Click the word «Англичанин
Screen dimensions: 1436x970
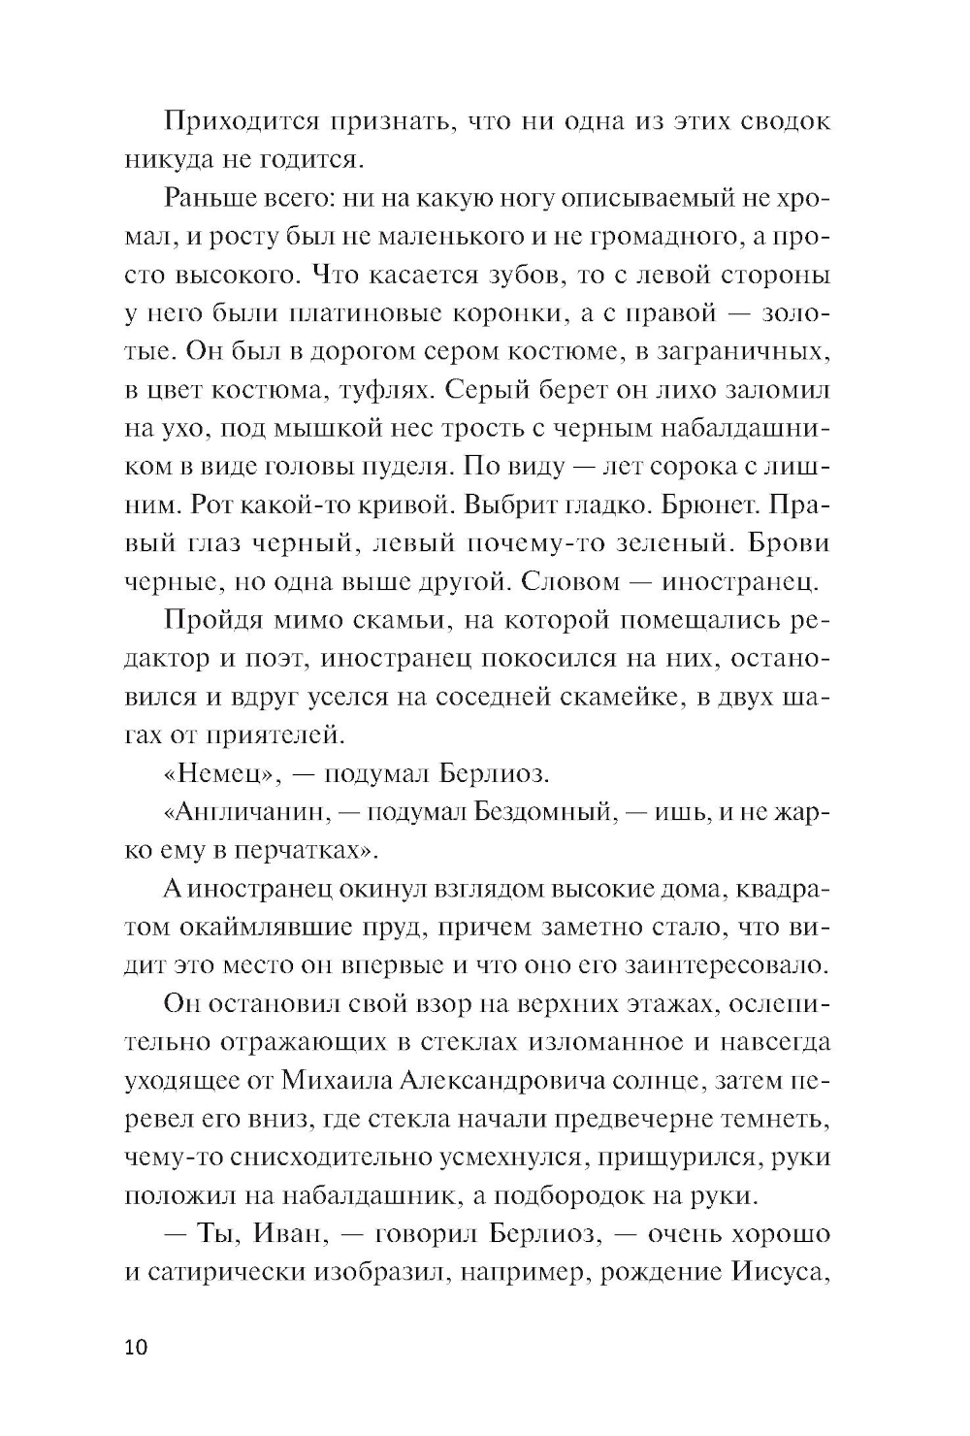[237, 811]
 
